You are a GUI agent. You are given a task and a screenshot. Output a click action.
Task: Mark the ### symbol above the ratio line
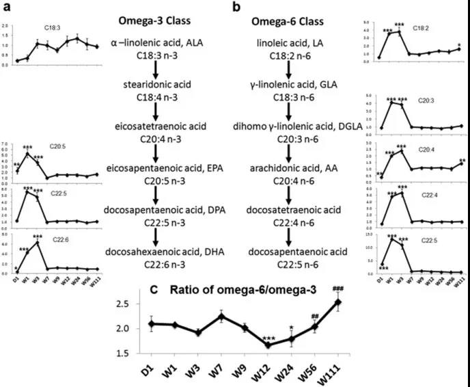click(336, 289)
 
